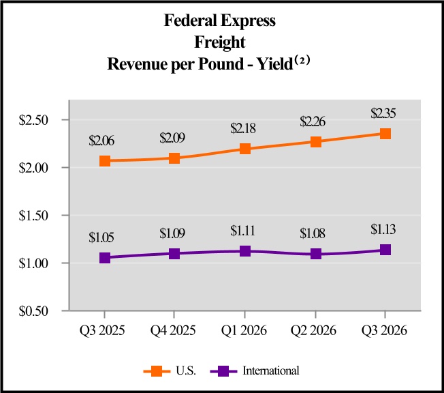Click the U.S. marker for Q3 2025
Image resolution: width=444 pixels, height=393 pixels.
(105, 161)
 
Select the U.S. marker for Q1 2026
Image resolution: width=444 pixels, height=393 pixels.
(245, 149)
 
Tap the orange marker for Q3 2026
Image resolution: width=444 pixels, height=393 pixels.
(385, 134)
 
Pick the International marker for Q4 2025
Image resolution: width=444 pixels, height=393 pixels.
(175, 254)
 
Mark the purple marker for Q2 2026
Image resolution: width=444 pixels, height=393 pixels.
(315, 254)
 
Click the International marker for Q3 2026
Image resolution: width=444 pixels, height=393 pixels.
(385, 250)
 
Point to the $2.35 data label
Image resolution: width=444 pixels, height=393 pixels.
(385, 113)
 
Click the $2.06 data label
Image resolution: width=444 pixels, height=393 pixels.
(101, 141)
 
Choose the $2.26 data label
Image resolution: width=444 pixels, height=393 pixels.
(313, 121)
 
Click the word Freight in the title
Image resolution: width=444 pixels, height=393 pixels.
(220, 42)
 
